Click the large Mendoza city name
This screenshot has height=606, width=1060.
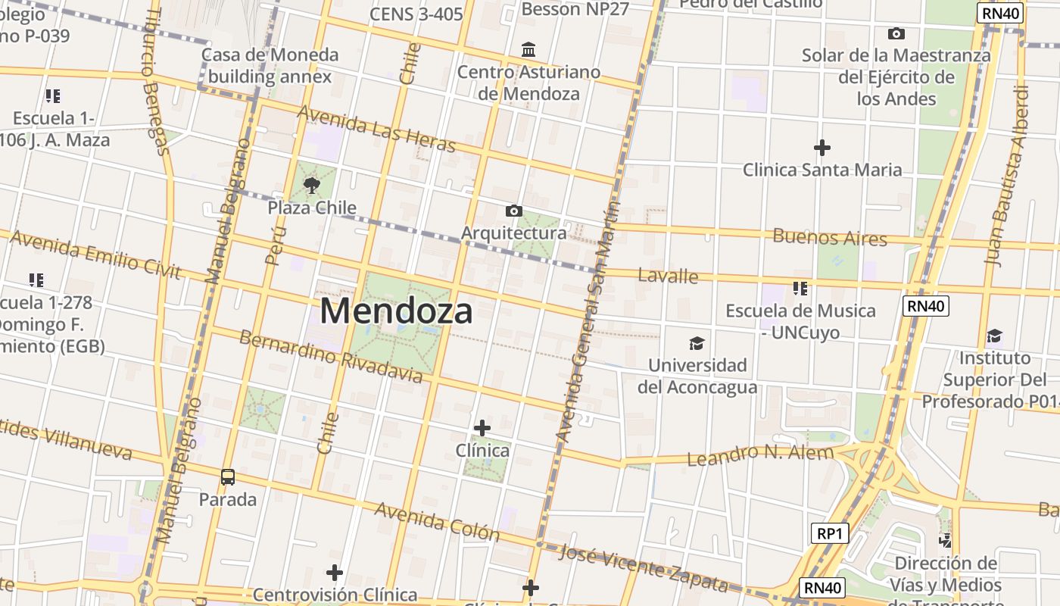pyautogui.click(x=396, y=311)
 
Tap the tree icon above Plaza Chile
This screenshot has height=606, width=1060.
pyautogui.click(x=311, y=185)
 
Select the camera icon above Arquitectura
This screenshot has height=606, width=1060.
pyautogui.click(x=513, y=211)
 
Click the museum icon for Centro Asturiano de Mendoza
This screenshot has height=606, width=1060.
pyautogui.click(x=528, y=50)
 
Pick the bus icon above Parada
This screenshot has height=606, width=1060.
pyautogui.click(x=227, y=477)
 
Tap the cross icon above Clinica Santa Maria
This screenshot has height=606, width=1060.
pyautogui.click(x=821, y=147)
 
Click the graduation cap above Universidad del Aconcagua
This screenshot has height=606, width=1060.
pyautogui.click(x=697, y=343)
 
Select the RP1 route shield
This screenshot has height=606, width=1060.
pyautogui.click(x=830, y=533)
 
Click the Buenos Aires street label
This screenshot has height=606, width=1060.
pyautogui.click(x=829, y=237)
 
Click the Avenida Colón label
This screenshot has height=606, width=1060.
pyautogui.click(x=437, y=521)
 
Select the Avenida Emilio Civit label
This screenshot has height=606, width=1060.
pyautogui.click(x=95, y=255)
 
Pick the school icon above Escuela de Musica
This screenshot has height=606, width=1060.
pyautogui.click(x=800, y=289)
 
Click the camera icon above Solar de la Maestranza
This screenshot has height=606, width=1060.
pyautogui.click(x=896, y=33)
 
